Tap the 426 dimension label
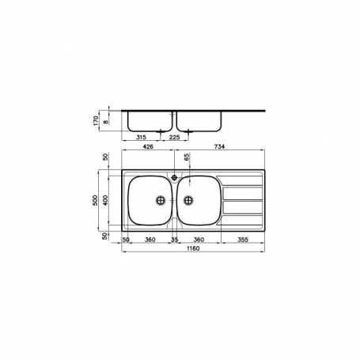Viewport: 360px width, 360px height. [x=148, y=146]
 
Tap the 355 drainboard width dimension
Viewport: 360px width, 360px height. [x=243, y=238]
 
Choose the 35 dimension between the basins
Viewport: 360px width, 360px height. [x=175, y=238]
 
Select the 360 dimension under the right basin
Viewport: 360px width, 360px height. [x=200, y=238]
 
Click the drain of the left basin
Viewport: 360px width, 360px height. [x=162, y=201]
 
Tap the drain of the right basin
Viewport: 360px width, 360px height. [x=188, y=201]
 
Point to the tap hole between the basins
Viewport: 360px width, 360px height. [x=175, y=178]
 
